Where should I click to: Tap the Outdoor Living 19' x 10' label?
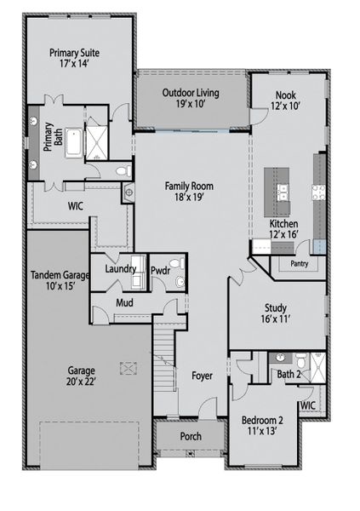(x=191, y=98)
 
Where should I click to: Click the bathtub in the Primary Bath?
(x=74, y=143)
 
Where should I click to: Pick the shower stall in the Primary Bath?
(x=96, y=143)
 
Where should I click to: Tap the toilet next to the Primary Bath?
(x=123, y=171)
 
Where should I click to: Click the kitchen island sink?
(x=283, y=192)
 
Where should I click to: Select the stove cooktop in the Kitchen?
(x=318, y=192)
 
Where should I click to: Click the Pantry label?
(x=300, y=263)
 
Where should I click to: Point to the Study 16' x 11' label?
(x=276, y=313)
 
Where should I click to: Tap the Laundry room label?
(x=120, y=269)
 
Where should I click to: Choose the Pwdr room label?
(x=161, y=270)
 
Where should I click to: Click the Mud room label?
(x=124, y=302)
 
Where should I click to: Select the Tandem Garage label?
(x=60, y=275)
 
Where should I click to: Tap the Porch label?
(x=191, y=436)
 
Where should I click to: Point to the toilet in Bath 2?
(x=301, y=359)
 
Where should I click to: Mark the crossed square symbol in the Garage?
(x=129, y=368)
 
